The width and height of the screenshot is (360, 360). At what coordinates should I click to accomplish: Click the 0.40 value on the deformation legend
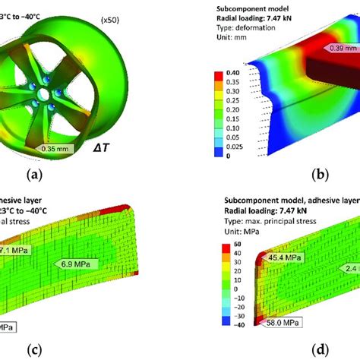tap(224, 74)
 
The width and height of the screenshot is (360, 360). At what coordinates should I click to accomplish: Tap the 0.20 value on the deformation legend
tap(224, 109)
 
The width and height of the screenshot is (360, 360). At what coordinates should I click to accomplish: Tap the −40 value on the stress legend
tap(226, 322)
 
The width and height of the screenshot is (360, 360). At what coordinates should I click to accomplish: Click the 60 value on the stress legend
tap(226, 245)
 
